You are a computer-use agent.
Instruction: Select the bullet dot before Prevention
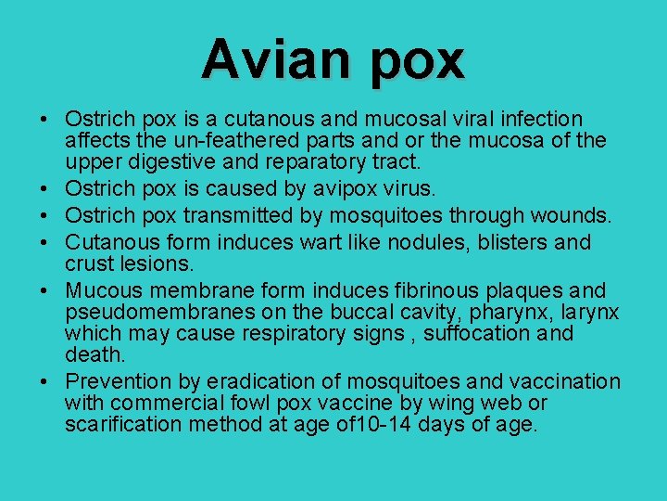44,382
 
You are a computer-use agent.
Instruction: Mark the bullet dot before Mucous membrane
44,291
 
